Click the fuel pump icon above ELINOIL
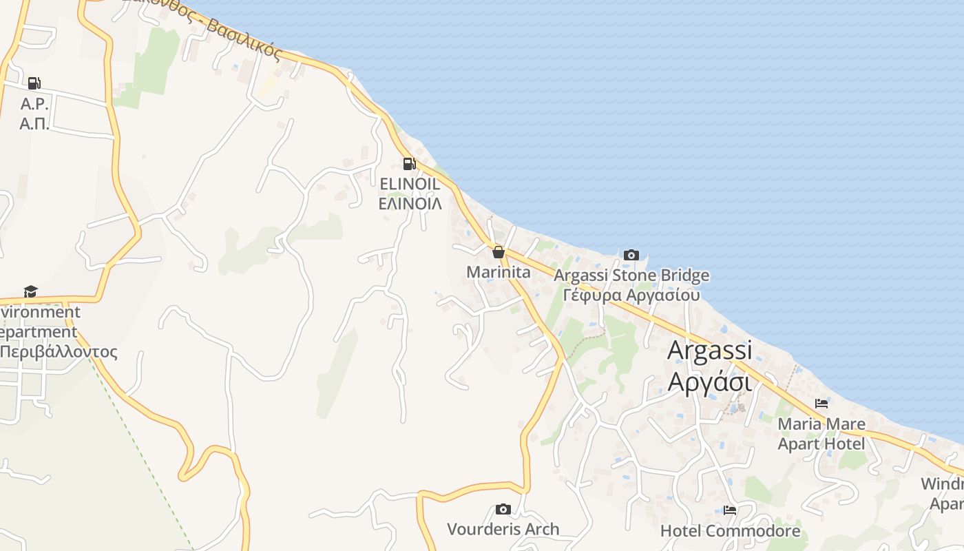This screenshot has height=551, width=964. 409,164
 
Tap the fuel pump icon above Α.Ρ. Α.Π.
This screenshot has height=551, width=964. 34,83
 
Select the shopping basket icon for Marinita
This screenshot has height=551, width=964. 498,252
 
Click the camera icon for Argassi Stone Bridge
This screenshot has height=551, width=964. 631,255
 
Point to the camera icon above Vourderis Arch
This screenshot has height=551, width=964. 503,509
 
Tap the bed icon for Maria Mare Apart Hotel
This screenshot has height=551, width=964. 821,403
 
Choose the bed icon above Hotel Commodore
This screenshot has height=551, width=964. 730,510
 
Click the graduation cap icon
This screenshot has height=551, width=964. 30,291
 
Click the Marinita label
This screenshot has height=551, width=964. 499,272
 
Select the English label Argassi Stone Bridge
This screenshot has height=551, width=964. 631,276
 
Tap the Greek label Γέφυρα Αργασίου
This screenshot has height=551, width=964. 631,295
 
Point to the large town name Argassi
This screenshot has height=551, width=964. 710,350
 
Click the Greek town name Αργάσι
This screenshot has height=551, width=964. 710,380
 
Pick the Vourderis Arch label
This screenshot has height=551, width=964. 503,529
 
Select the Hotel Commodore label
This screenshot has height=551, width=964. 730,531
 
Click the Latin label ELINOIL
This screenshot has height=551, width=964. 410,184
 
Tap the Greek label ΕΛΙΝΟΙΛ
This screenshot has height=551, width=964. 410,203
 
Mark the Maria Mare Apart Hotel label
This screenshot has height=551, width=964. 821,433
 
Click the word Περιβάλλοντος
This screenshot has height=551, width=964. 59,351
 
